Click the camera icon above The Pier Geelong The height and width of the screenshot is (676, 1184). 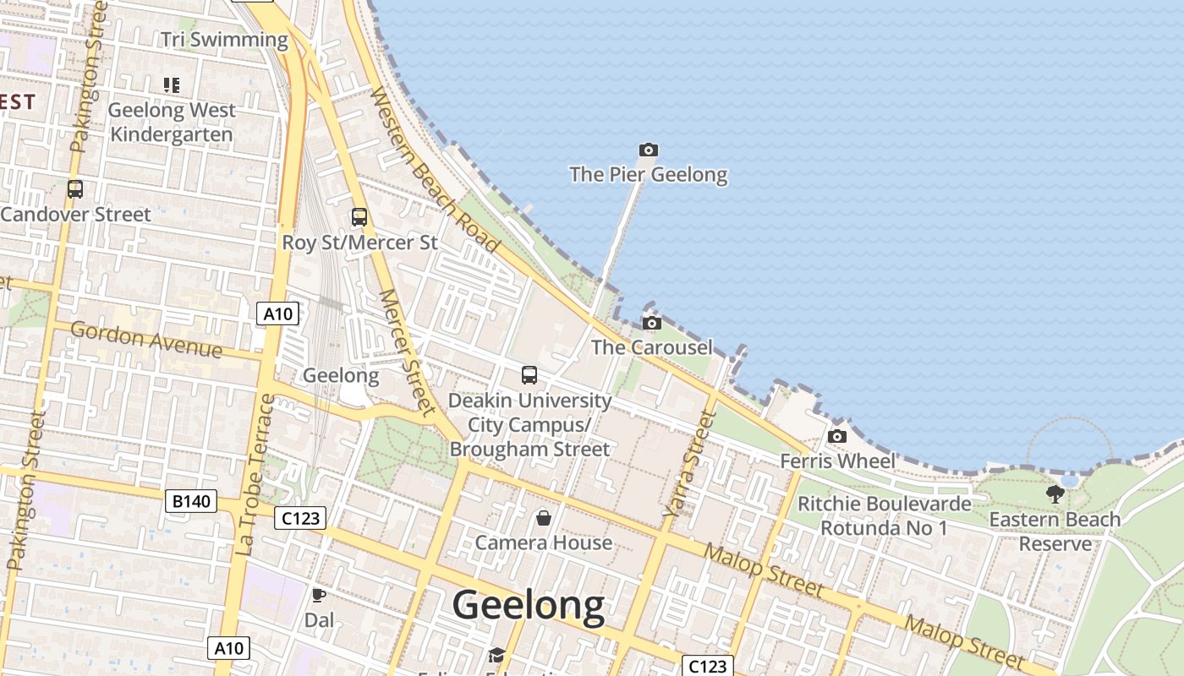point(648,150)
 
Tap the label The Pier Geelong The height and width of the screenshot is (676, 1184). point(648,175)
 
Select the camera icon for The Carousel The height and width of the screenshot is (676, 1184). point(651,324)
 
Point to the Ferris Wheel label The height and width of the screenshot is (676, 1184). point(837,461)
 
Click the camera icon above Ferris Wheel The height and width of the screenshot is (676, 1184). point(837,437)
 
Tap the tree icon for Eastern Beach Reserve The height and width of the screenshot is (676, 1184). point(1055,494)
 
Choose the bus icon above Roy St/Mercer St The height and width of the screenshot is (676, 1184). point(359,217)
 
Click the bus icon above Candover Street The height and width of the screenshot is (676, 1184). point(75,189)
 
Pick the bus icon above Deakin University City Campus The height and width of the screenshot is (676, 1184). point(529,375)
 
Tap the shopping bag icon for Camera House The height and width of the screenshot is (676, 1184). point(544,517)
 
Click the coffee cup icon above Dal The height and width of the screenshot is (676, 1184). point(319,596)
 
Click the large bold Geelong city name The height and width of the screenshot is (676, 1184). point(529,606)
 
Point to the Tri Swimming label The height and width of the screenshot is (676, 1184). point(224,40)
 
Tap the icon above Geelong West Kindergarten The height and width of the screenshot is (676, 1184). point(172,85)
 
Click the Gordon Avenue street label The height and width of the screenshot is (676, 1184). point(146,340)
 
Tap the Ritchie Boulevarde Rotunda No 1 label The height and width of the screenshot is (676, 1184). point(885,516)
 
